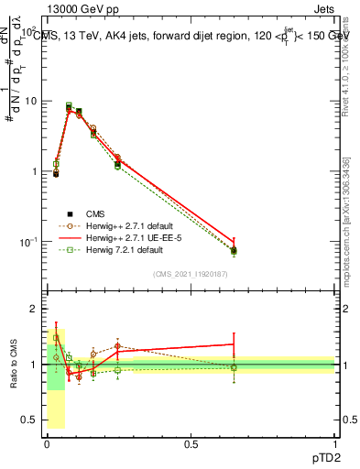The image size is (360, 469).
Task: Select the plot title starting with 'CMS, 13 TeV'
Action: click(x=183, y=37)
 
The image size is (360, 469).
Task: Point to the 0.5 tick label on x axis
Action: click(x=191, y=444)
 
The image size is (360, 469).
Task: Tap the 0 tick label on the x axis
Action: click(x=47, y=444)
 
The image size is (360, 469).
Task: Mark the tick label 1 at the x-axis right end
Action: click(x=335, y=444)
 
